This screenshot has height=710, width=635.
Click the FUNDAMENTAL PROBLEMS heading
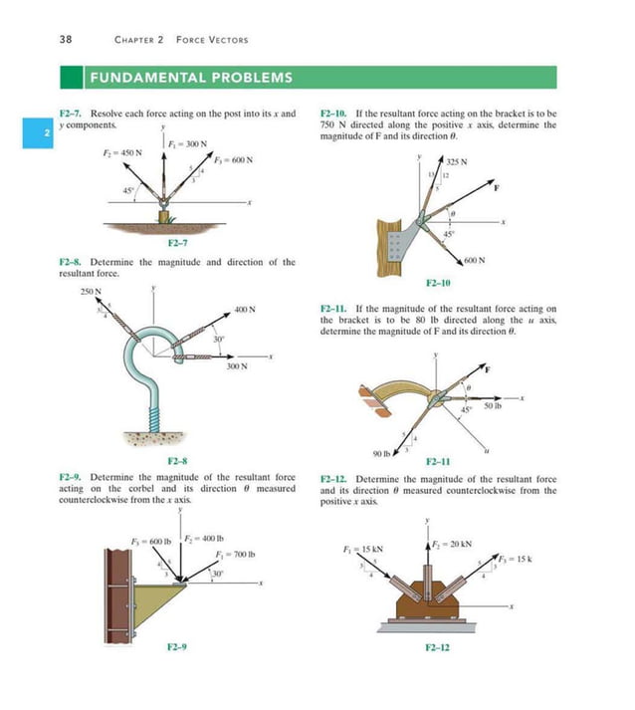(192, 77)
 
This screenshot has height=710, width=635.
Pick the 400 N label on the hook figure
(246, 309)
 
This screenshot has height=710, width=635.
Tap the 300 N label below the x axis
(236, 367)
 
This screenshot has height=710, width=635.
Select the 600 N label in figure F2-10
(474, 261)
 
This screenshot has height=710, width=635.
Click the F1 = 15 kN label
(362, 549)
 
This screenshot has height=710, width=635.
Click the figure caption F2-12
(437, 648)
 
